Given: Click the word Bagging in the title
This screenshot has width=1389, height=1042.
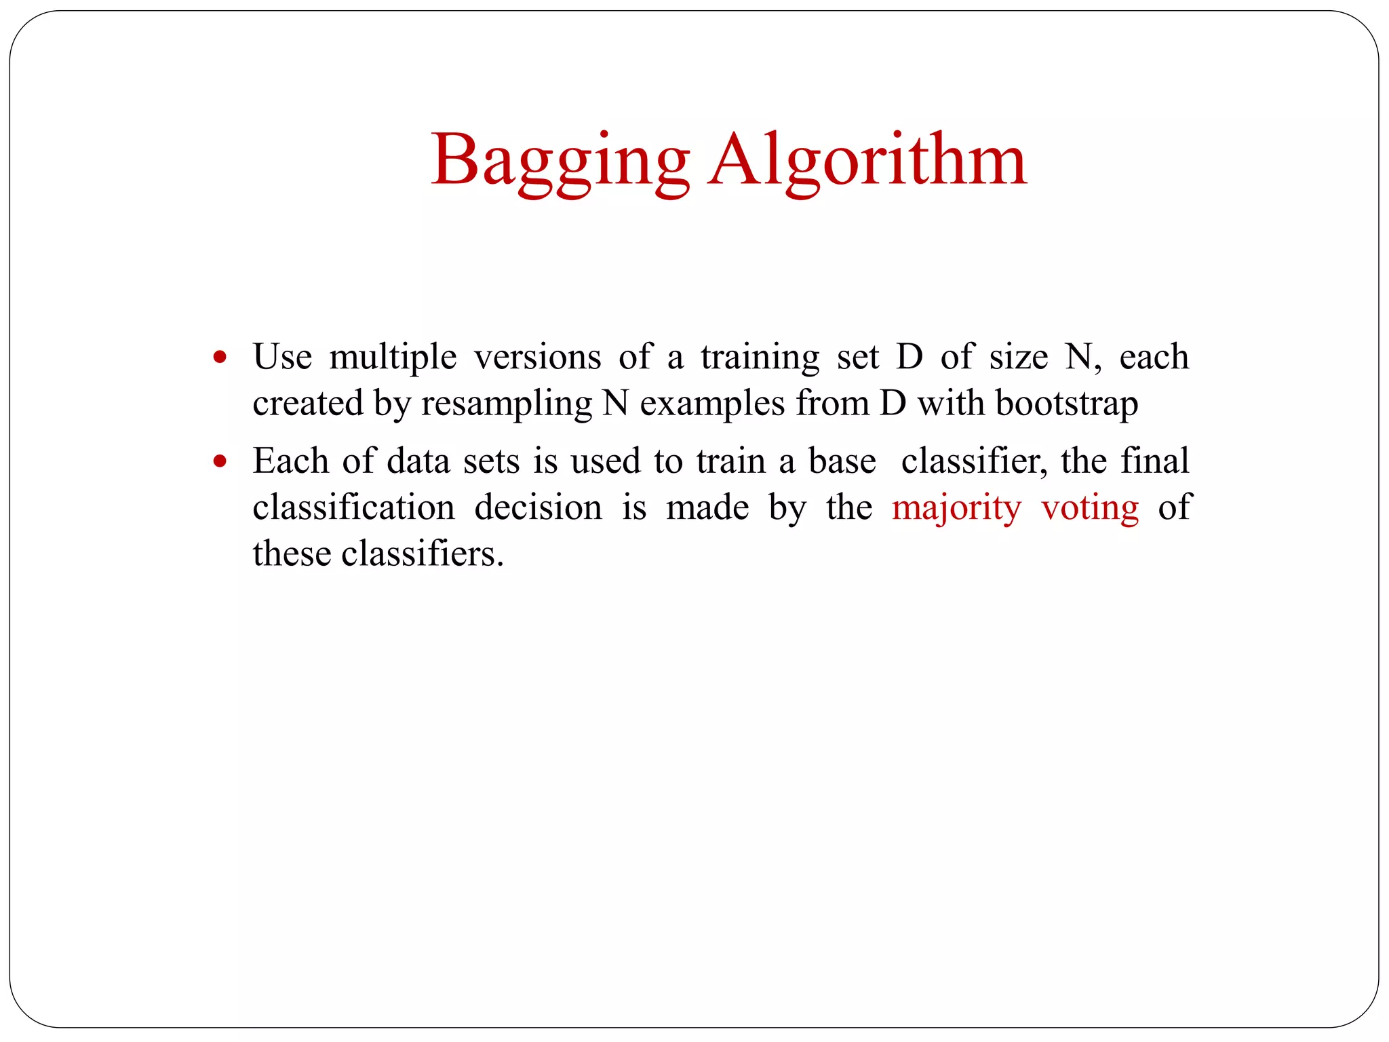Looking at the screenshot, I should click(x=560, y=161).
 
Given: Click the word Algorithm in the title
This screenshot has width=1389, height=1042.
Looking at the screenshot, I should click(x=867, y=161).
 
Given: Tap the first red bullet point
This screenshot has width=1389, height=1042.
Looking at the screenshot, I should click(x=219, y=357).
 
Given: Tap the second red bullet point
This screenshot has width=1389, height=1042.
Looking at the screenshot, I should click(x=219, y=461).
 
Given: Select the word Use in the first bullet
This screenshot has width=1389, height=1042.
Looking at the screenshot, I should click(x=282, y=357).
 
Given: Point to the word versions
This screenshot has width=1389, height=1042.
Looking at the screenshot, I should click(x=537, y=357).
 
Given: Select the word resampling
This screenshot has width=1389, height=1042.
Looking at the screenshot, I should click(x=507, y=404).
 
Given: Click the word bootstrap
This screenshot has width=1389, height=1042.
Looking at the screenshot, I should click(x=1066, y=404).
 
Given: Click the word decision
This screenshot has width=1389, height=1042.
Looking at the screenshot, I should click(x=538, y=507).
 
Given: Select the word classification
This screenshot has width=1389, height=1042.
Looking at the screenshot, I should click(x=353, y=507).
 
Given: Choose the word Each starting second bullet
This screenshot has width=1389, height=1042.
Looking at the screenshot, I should click(x=291, y=461).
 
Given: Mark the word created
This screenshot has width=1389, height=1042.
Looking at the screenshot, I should click(x=308, y=403).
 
